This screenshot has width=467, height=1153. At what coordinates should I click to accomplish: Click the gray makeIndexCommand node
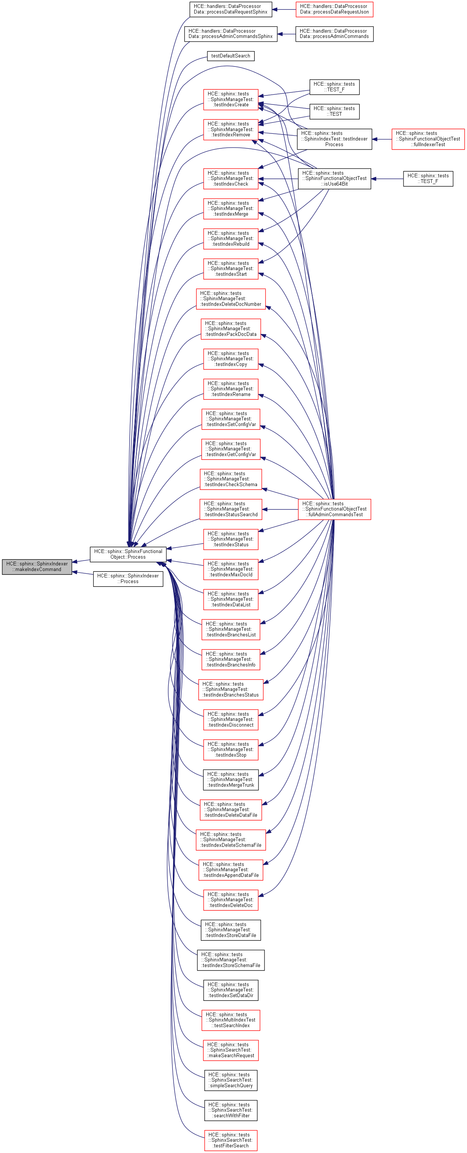click(37, 566)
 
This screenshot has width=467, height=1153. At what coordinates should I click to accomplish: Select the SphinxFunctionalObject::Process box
click(128, 554)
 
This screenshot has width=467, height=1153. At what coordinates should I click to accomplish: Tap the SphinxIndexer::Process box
click(128, 578)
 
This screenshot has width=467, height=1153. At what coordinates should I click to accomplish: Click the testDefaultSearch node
click(231, 56)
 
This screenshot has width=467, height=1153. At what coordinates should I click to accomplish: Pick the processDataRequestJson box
click(334, 9)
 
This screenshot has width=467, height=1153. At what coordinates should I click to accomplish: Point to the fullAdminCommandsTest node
click(334, 509)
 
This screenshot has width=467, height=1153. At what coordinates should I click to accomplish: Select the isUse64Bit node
click(334, 178)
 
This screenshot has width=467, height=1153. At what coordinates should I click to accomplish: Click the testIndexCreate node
click(231, 99)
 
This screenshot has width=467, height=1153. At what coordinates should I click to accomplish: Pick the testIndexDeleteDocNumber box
click(231, 299)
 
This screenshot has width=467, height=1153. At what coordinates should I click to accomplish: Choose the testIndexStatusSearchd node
click(231, 509)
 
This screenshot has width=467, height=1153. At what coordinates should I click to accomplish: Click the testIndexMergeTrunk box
click(231, 779)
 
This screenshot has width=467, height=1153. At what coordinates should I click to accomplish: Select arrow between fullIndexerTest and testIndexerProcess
click(381, 139)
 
